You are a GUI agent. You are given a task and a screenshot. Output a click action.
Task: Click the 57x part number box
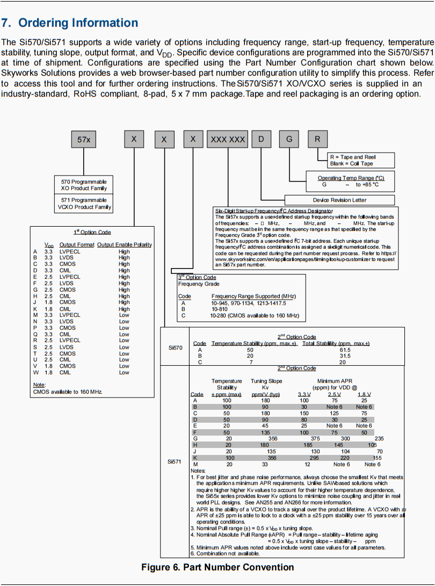pos(84,140)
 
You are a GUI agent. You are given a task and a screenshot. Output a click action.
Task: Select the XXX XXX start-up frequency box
pos(228,140)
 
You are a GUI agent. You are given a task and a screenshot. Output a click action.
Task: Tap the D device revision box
pos(261,140)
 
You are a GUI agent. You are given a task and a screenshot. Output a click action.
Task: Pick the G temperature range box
pos(289,140)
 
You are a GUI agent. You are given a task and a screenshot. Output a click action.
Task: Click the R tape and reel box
pos(317,140)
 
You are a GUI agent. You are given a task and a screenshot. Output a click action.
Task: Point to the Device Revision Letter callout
pos(339,200)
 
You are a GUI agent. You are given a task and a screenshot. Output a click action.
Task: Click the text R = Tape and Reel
pos(353,157)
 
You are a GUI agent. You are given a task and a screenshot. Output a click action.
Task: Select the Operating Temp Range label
pos(351,178)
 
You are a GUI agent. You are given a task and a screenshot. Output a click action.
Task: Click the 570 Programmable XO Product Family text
pos(84,185)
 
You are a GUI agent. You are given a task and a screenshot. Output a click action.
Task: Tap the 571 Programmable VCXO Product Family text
pos(84,203)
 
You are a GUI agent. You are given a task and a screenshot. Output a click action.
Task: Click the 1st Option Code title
pos(92,232)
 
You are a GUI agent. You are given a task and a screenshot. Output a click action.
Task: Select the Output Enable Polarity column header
pos(125,245)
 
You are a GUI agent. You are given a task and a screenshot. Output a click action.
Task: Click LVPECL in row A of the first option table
pos(69,251)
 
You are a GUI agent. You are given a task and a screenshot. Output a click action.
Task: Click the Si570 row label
pos(176,348)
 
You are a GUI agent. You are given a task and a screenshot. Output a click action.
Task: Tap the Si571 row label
pos(176,461)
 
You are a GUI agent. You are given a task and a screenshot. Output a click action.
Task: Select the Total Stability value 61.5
pos(345,350)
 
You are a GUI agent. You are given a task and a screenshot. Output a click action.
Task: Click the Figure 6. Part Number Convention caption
pos(218,567)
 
